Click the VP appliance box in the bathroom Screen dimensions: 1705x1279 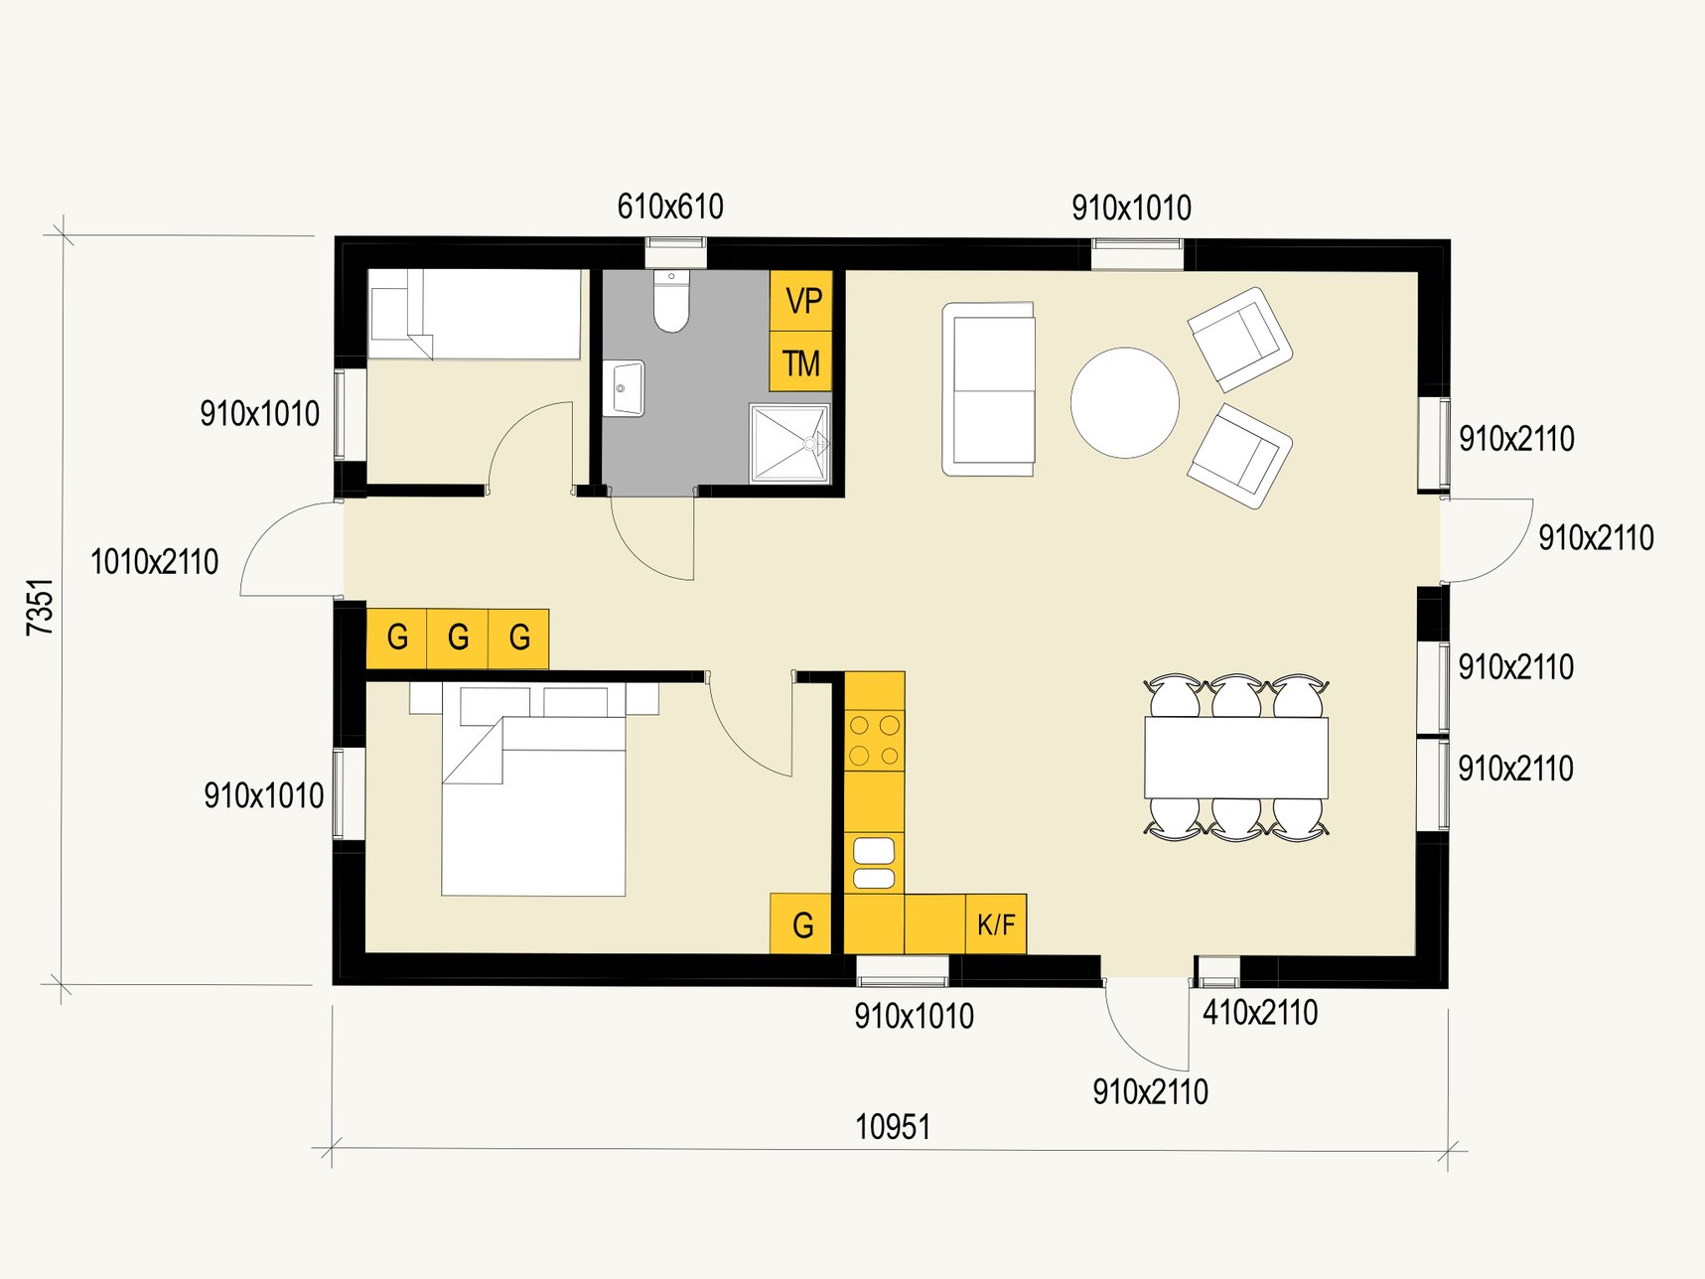pyautogui.click(x=801, y=301)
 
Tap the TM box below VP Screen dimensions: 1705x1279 pyautogui.click(x=801, y=362)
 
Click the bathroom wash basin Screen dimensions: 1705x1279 pyautogui.click(x=624, y=388)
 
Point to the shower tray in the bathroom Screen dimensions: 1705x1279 pyautogui.click(x=789, y=443)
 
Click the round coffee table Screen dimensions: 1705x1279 pyautogui.click(x=1125, y=402)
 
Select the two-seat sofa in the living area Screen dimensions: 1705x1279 pyautogui.click(x=989, y=389)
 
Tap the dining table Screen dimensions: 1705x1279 pyautogui.click(x=1236, y=758)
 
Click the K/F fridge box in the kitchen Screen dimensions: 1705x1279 pyautogui.click(x=996, y=924)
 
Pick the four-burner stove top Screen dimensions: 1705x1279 pyautogui.click(x=875, y=740)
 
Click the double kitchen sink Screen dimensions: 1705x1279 pyautogui.click(x=874, y=863)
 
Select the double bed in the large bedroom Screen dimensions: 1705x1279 pyautogui.click(x=533, y=790)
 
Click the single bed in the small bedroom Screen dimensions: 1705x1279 pyautogui.click(x=475, y=314)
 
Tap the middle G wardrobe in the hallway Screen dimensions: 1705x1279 pyautogui.click(x=458, y=638)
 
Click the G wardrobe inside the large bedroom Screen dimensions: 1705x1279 pyautogui.click(x=801, y=924)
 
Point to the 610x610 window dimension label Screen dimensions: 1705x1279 pyautogui.click(x=670, y=207)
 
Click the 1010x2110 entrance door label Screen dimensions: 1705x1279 pyautogui.click(x=154, y=562)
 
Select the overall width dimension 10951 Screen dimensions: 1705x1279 pyautogui.click(x=893, y=1127)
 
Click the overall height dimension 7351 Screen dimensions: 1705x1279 pyautogui.click(x=40, y=607)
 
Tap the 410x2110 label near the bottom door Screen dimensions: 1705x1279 pyautogui.click(x=1260, y=1013)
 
